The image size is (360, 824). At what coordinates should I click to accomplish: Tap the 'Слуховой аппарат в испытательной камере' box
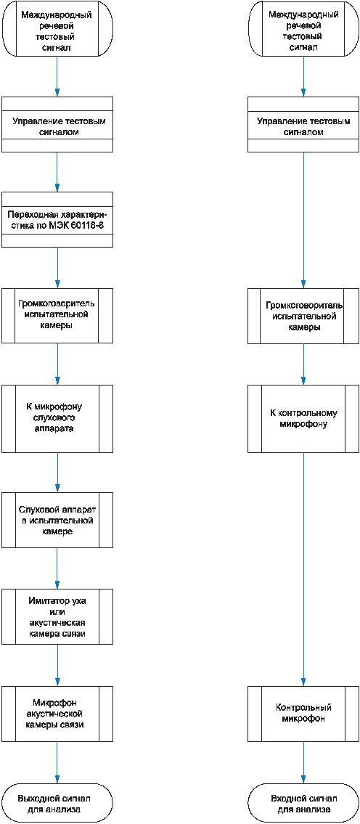pos(57,520)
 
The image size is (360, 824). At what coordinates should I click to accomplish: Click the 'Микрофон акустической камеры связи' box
pos(57,713)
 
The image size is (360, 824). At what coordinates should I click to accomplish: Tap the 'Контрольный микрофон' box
pos(303,713)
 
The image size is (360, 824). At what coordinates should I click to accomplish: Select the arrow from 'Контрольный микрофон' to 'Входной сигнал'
pos(303,761)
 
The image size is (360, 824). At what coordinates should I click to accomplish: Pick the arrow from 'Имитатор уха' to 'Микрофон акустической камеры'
pos(57,664)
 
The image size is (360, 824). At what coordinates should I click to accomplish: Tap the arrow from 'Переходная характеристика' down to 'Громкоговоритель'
pos(57,267)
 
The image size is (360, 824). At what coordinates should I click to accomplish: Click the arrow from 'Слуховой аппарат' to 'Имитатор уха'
pos(57,568)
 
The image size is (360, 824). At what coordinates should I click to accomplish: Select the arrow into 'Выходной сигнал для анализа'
pos(57,761)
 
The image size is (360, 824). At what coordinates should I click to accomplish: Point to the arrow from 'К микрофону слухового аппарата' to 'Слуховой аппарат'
pos(57,472)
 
